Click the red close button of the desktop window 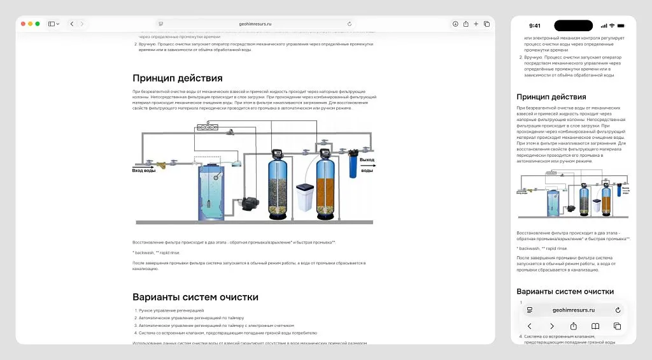(24, 24)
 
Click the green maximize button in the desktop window (38, 24)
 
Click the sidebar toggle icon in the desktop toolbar (52, 24)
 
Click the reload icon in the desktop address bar (350, 24)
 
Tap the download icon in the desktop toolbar (455, 24)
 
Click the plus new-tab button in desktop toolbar (476, 24)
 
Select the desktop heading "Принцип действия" (177, 78)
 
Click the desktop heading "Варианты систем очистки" (195, 297)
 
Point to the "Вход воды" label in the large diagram (143, 171)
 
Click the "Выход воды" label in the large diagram (367, 165)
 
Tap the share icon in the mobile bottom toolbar (573, 326)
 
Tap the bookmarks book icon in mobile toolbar (595, 326)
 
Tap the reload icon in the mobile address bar (618, 310)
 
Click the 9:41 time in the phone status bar (535, 26)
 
